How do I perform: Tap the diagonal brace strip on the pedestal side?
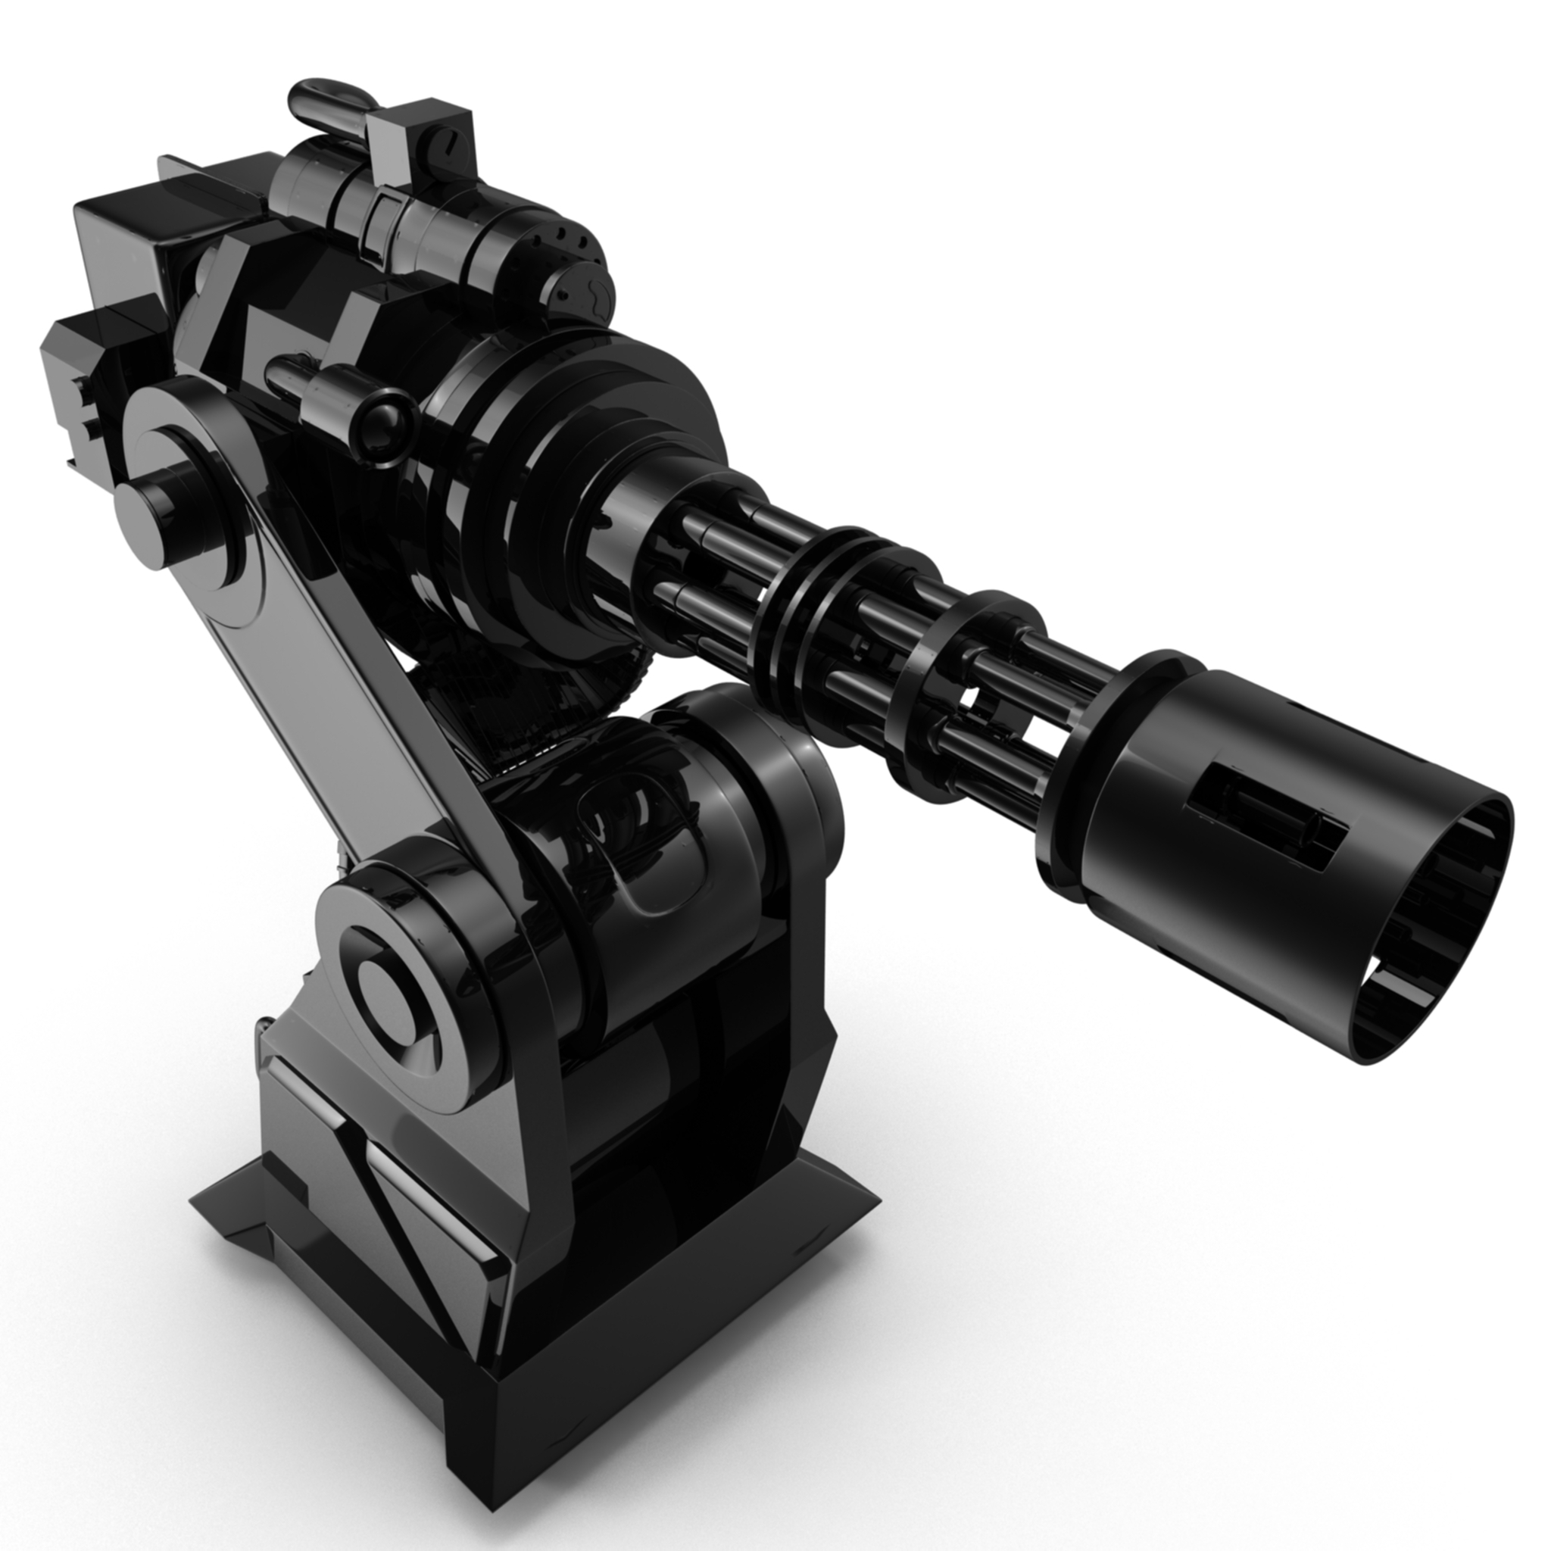(x=401, y=1228)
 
